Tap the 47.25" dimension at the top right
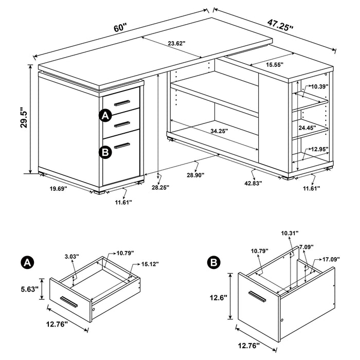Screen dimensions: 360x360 (x=280, y=25)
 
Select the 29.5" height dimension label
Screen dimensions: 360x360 (x=23, y=119)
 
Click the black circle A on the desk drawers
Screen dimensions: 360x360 (x=105, y=116)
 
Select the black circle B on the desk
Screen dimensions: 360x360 (x=105, y=152)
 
